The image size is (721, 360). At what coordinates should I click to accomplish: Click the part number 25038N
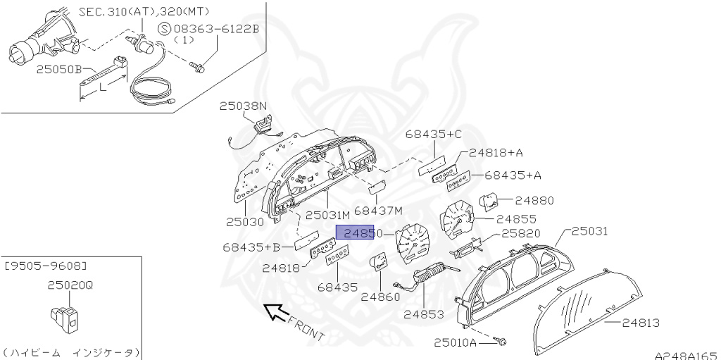coord(243,106)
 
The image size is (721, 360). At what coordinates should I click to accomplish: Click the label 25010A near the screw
coord(455,343)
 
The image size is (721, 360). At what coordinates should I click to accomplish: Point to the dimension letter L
coord(103,87)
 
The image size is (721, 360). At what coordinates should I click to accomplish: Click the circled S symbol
coord(163,29)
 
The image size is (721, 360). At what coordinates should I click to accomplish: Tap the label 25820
coord(520,233)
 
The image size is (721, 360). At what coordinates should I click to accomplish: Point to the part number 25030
coord(244,221)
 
